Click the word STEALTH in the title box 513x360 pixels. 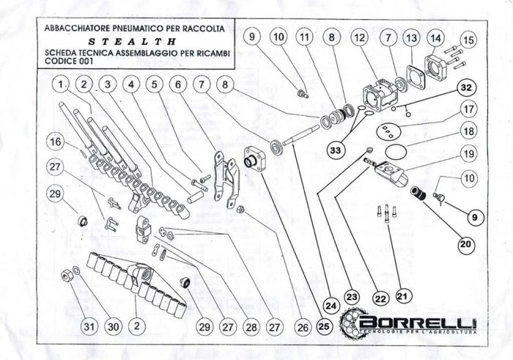(132, 42)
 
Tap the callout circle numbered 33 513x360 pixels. (336, 150)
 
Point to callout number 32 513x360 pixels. (466, 88)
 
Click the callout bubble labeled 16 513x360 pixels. (55, 142)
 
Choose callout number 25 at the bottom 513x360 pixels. (324, 326)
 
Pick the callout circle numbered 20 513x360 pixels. (465, 244)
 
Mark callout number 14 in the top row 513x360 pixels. (435, 38)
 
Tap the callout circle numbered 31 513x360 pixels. (89, 326)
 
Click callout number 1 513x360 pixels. (61, 84)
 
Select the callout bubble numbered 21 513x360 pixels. (403, 296)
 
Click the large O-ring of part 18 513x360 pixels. (396, 152)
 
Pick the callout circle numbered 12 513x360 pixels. (359, 37)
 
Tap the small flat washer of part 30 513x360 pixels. (76, 271)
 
